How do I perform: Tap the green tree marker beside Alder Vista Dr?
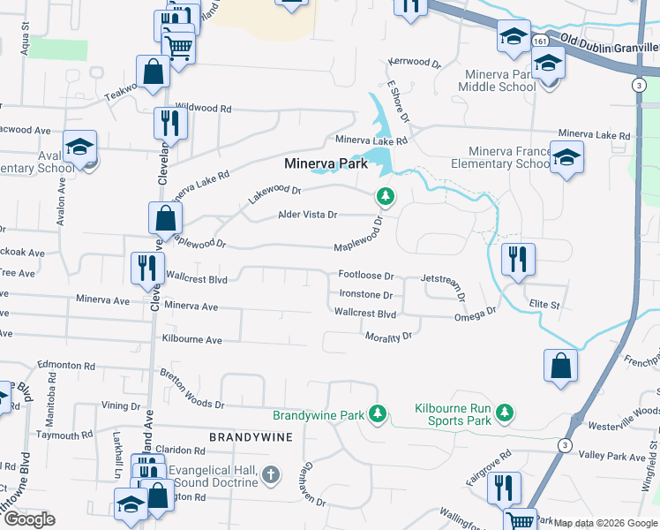pos(384,195)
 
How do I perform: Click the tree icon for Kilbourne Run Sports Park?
pos(504,413)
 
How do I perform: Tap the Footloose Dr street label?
pos(365,276)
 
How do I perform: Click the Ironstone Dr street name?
pos(366,295)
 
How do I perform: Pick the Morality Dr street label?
pos(388,337)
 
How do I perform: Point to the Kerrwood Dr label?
pos(414,63)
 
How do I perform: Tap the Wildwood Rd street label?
pos(203,109)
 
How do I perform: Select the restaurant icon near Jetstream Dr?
pos(517,259)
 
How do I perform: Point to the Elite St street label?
pos(544,305)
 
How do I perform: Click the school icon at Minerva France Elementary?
pos(566,156)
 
